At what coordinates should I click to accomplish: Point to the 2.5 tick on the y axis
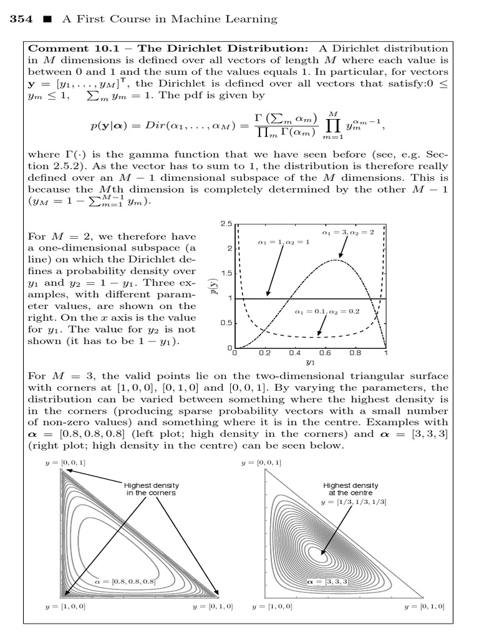pyautogui.click(x=226, y=224)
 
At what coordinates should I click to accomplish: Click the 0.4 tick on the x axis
pyautogui.click(x=294, y=353)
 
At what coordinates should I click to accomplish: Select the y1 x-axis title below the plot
pyautogui.click(x=310, y=361)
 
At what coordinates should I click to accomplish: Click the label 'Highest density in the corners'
pyautogui.click(x=150, y=488)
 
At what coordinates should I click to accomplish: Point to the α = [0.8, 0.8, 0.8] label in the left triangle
pyautogui.click(x=124, y=581)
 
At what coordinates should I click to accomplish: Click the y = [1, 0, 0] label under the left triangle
pyautogui.click(x=61, y=606)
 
